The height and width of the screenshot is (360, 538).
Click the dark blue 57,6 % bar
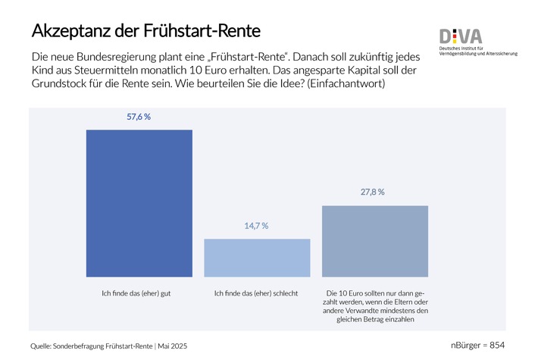point(139,203)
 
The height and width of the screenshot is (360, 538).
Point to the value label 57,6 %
point(139,117)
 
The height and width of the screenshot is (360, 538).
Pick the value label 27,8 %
point(372,193)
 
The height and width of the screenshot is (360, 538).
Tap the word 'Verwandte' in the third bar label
point(376,311)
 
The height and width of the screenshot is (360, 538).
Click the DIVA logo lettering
point(461,36)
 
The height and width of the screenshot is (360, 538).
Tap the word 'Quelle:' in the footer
point(42,346)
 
